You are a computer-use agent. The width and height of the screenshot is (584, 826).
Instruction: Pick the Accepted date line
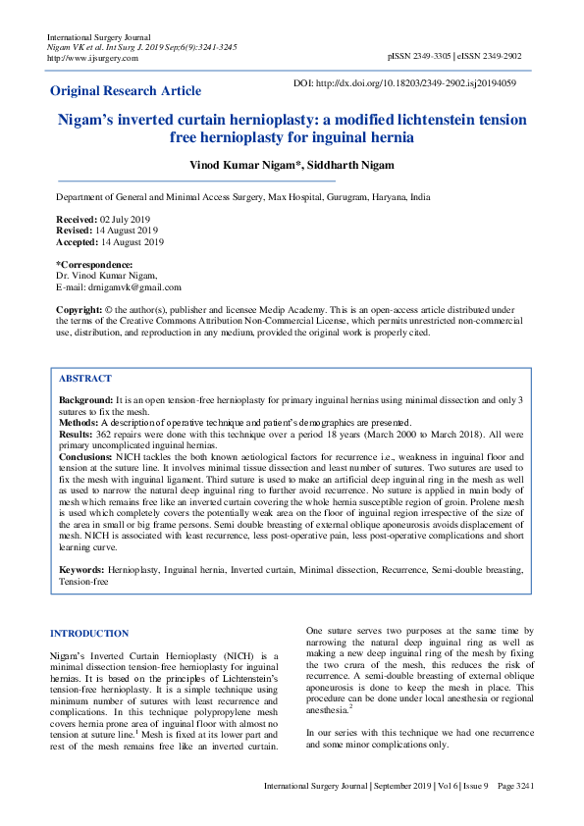[110, 242]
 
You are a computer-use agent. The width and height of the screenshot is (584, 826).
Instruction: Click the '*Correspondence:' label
[94, 265]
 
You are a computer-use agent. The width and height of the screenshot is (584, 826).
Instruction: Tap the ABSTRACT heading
[85, 378]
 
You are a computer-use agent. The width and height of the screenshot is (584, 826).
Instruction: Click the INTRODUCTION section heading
[88, 634]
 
